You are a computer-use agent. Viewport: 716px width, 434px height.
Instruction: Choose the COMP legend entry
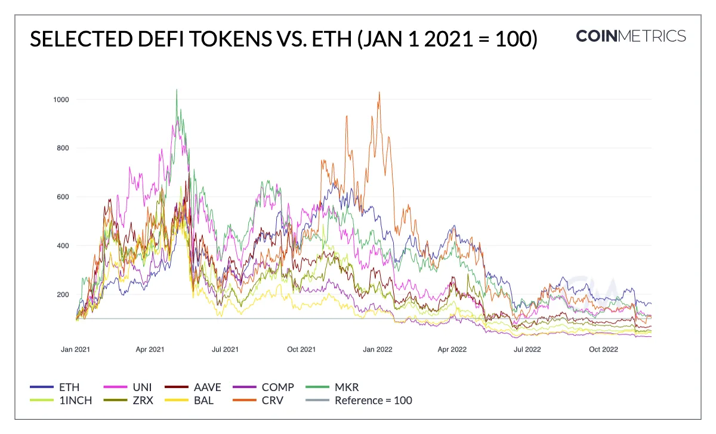278,387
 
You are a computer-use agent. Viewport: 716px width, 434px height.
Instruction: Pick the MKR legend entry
347,387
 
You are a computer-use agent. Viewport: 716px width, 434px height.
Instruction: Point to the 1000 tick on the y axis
60,99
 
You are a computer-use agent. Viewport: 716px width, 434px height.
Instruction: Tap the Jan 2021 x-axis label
75,349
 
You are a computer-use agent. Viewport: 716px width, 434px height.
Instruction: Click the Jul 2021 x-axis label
225,349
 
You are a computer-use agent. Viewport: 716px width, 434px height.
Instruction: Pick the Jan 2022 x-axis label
378,349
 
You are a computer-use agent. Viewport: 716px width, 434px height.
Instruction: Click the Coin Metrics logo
631,36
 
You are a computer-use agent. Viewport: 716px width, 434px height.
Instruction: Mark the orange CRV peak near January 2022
379,93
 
